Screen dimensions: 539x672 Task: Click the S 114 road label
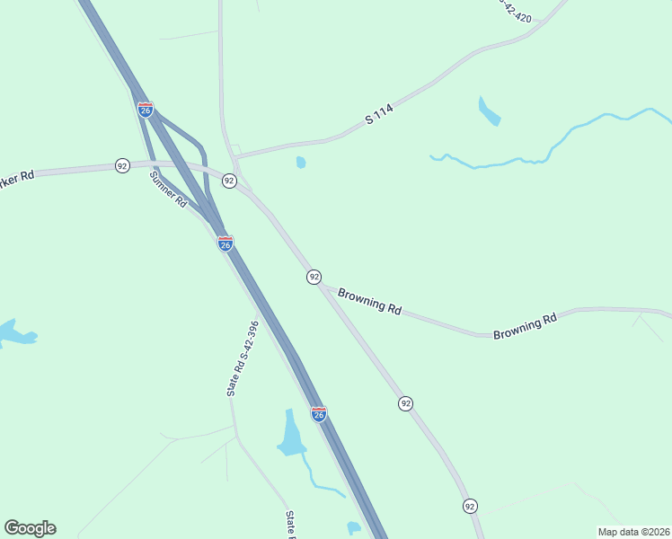380,113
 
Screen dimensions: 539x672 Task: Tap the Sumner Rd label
168,190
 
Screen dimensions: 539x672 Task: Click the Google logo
30,528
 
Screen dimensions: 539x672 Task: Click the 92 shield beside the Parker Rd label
122,165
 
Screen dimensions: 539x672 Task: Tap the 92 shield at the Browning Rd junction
314,277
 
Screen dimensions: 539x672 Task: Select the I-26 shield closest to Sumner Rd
225,243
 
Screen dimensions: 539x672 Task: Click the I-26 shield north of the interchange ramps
146,110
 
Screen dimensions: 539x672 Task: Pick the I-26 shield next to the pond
319,414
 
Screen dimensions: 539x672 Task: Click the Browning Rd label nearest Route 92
369,300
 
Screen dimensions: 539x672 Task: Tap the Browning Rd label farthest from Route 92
525,326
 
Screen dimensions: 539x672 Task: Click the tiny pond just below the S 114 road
300,163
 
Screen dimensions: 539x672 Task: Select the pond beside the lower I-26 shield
290,435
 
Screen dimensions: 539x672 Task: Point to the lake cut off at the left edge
13,333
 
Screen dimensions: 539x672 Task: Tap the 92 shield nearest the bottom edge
470,507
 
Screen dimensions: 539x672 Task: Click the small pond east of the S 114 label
489,111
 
